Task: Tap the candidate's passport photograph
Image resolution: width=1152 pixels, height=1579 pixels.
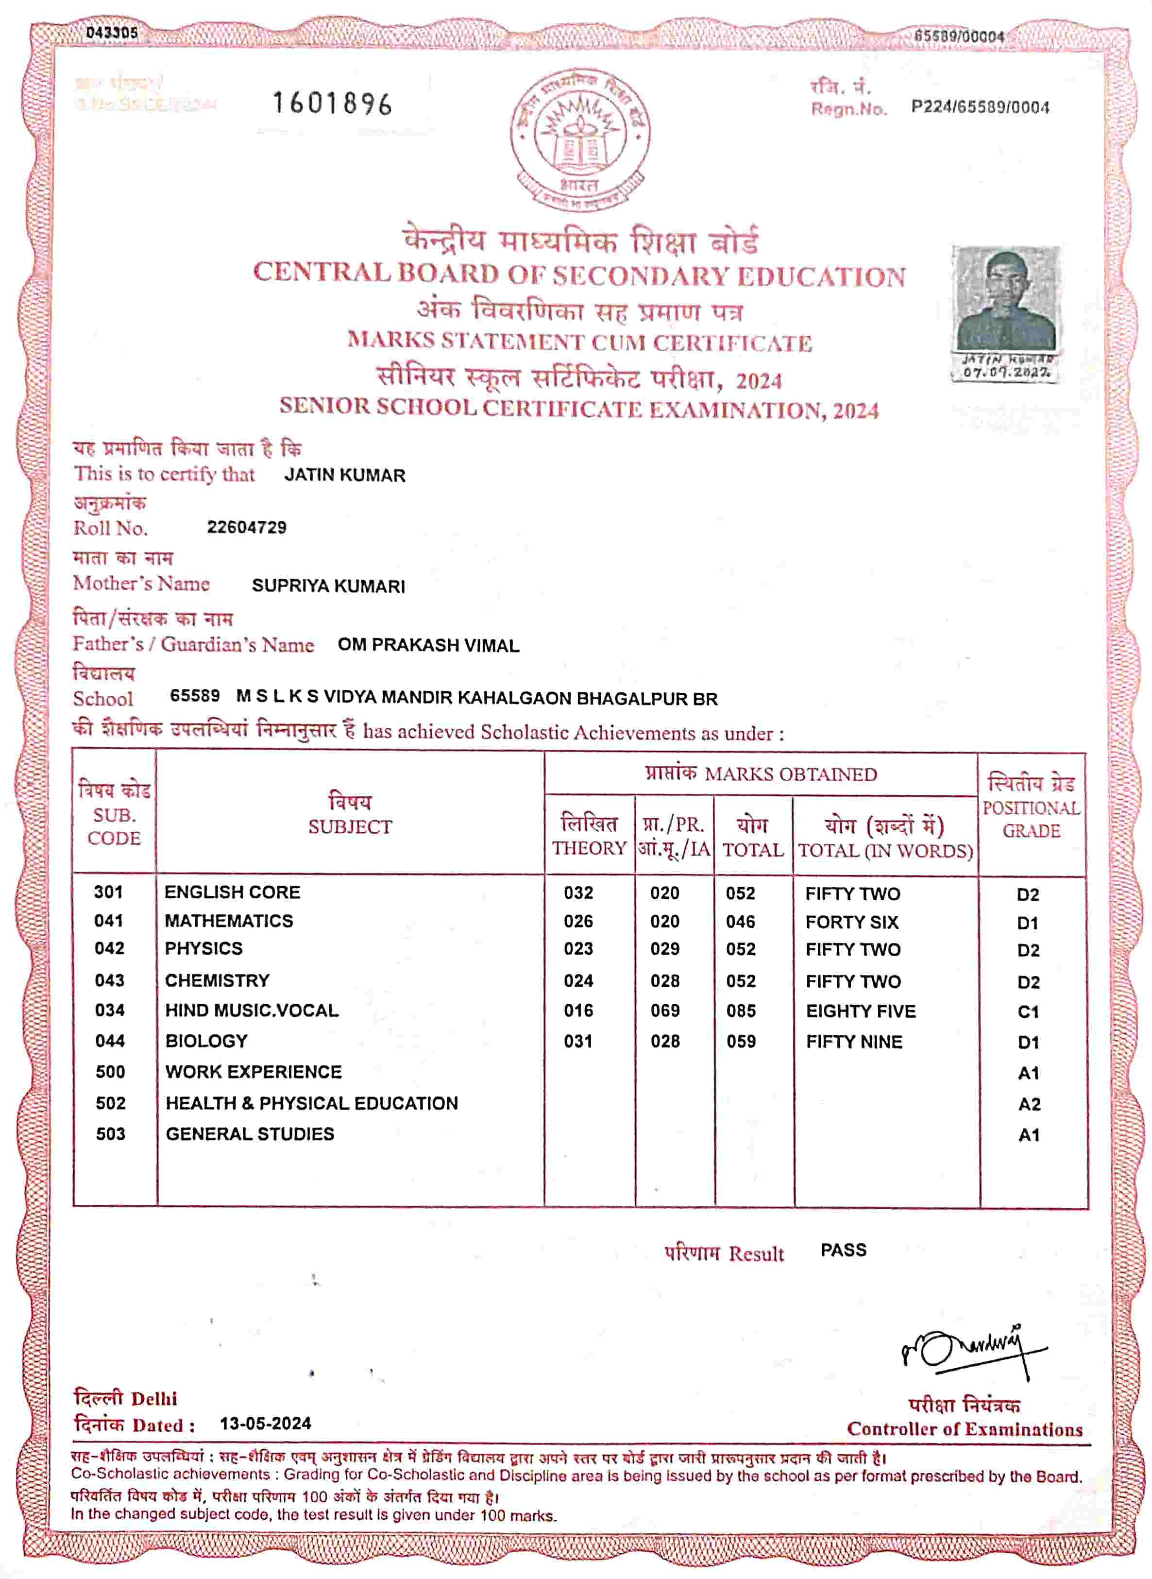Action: click(x=1007, y=300)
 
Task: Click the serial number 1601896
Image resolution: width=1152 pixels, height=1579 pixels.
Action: click(x=332, y=104)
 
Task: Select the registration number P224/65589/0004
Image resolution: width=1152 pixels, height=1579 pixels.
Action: click(x=980, y=107)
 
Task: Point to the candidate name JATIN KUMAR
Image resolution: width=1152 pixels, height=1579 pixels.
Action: click(x=344, y=476)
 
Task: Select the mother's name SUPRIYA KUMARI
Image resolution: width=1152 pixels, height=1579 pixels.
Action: click(x=328, y=586)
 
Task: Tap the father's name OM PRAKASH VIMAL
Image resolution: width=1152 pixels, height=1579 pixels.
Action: click(x=428, y=645)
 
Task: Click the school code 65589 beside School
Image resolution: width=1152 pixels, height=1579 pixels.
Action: click(x=195, y=696)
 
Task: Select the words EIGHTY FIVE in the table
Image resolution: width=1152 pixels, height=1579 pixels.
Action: click(x=861, y=1011)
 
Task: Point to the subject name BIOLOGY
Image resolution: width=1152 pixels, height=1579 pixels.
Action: click(x=206, y=1041)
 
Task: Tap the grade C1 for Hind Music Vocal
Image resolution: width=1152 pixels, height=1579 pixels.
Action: click(x=1028, y=1012)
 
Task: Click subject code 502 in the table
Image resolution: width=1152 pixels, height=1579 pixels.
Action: click(x=110, y=1103)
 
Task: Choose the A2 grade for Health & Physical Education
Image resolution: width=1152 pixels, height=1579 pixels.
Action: click(x=1029, y=1104)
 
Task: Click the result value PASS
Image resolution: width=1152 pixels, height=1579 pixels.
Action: click(x=843, y=1250)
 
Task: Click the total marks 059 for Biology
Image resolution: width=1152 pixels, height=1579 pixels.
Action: click(x=741, y=1041)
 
